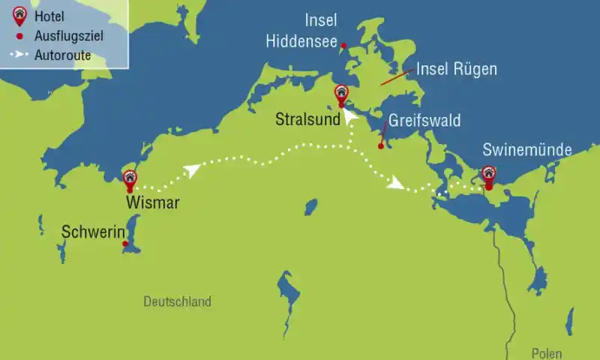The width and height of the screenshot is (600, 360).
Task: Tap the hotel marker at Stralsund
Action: tap(341, 94)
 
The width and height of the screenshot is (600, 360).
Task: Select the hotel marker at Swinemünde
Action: tap(488, 175)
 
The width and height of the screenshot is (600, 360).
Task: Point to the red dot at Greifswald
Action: tap(381, 145)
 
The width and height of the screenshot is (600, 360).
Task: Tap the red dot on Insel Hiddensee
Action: tap(343, 46)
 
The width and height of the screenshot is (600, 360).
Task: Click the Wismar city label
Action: tap(153, 202)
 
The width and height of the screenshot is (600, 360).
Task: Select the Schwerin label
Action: tap(92, 232)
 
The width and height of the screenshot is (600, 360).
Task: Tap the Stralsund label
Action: tap(307, 119)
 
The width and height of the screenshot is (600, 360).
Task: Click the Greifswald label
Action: tap(424, 121)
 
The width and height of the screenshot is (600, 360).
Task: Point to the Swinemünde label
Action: tap(527, 150)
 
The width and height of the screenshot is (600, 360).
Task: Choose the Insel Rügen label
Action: tap(457, 70)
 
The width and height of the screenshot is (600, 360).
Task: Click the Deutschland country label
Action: tap(177, 301)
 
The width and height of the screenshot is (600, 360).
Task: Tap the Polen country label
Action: tap(547, 353)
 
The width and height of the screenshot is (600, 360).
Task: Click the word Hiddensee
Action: tap(301, 42)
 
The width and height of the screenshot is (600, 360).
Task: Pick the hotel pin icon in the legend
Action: tap(19, 13)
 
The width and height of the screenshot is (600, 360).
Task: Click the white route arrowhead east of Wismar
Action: tap(193, 171)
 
